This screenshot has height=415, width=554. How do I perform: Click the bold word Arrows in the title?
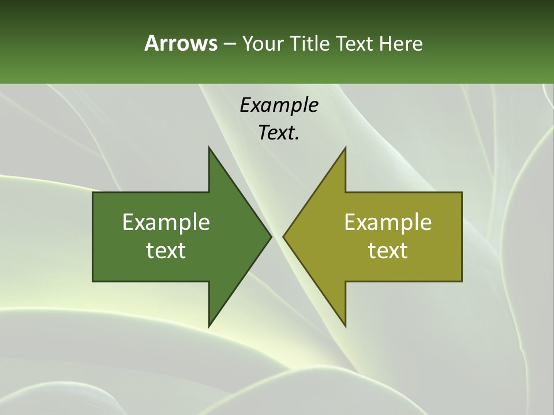pyautogui.click(x=181, y=43)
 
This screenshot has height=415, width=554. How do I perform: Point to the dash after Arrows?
pyautogui.click(x=229, y=44)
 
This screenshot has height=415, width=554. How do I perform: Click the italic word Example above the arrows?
pyautogui.click(x=279, y=105)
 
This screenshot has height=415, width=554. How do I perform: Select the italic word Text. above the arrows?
pyautogui.click(x=279, y=133)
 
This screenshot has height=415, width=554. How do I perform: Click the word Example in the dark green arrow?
pyautogui.click(x=166, y=222)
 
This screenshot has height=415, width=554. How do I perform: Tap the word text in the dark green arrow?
pyautogui.click(x=166, y=251)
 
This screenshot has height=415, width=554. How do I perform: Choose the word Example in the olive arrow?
pyautogui.click(x=388, y=222)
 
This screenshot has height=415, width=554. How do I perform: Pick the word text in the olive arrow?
pyautogui.click(x=388, y=251)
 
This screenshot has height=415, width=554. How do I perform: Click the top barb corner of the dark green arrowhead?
pyautogui.click(x=209, y=148)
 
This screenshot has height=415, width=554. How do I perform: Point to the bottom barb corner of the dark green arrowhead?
pyautogui.click(x=209, y=326)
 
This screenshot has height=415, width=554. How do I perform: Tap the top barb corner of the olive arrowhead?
pyautogui.click(x=345, y=148)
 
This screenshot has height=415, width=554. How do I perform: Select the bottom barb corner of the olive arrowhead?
pyautogui.click(x=345, y=326)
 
